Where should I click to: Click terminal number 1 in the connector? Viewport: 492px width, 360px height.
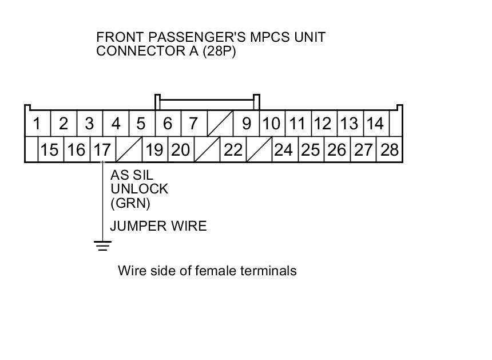pos(37,123)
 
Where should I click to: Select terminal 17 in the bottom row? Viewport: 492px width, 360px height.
pos(102,150)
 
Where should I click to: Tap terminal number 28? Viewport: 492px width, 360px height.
pos(390,150)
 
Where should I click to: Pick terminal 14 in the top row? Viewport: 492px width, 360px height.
pos(375,123)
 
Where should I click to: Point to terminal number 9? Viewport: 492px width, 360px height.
pos(247,123)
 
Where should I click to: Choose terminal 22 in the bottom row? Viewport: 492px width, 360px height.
pos(233,150)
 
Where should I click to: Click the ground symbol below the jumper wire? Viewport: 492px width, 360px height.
pos(102,246)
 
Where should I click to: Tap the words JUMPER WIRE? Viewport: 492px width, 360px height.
pos(158,226)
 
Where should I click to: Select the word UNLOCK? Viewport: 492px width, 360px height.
pos(139,189)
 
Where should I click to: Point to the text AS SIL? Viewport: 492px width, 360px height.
pos(132,176)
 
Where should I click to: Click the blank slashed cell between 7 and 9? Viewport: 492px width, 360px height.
pos(220,123)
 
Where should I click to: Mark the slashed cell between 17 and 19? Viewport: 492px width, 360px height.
pos(129,150)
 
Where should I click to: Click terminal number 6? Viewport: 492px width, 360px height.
pos(168,123)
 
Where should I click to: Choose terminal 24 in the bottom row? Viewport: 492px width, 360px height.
pos(283,150)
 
